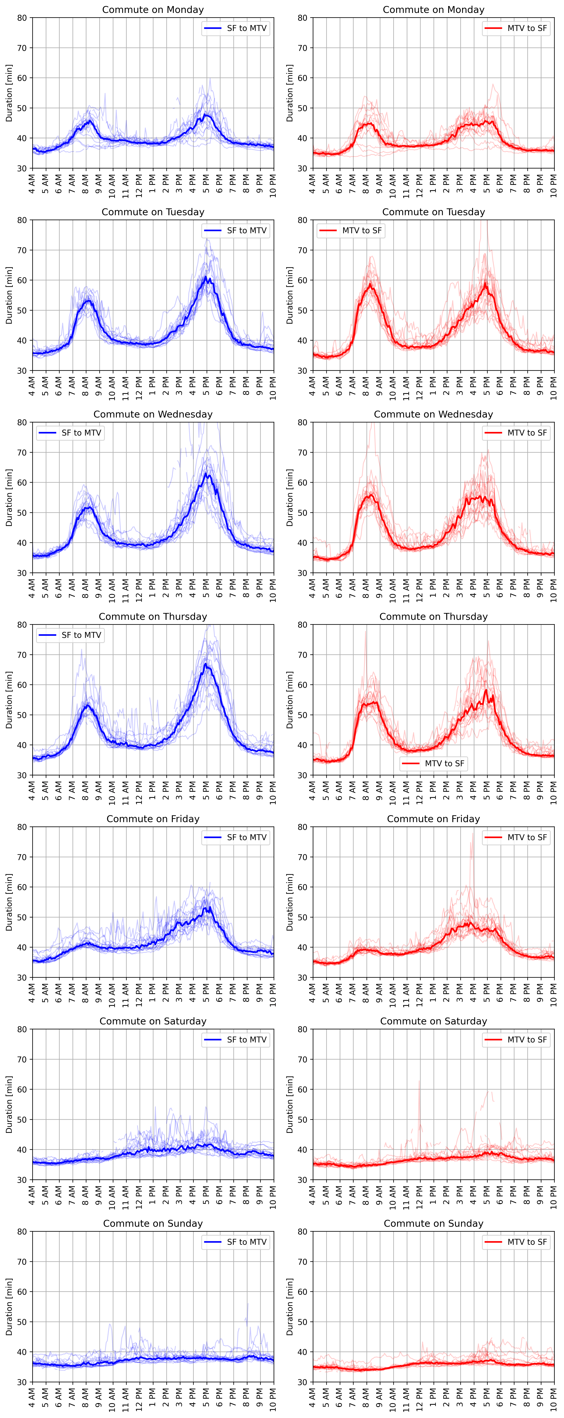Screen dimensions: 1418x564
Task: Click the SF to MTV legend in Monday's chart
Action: click(235, 28)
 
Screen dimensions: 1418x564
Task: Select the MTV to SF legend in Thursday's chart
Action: click(434, 763)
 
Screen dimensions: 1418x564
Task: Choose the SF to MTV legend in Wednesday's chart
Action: click(70, 433)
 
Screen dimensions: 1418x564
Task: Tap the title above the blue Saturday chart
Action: click(153, 1021)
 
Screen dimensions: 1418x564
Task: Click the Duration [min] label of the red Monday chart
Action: click(289, 93)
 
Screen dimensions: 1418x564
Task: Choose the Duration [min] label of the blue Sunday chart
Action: click(9, 1307)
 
